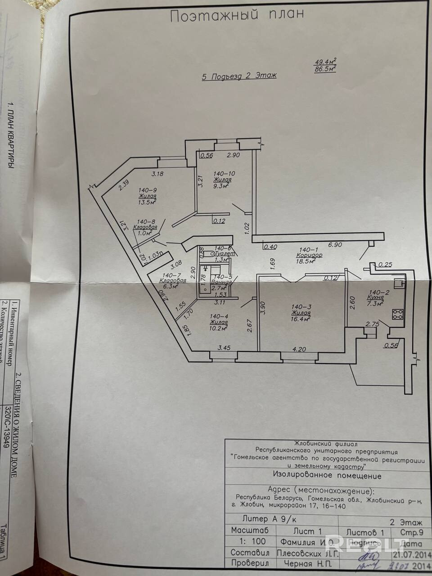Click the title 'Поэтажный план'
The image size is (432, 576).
236,15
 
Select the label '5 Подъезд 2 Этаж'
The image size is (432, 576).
239,76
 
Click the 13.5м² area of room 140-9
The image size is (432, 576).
147,202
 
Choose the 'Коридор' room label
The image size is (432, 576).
310,255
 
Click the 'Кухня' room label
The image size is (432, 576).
375,298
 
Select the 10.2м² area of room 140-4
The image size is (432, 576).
218,328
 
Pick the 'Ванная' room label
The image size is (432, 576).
224,282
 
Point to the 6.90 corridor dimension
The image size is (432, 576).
336,244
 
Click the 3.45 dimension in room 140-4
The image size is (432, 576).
224,347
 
